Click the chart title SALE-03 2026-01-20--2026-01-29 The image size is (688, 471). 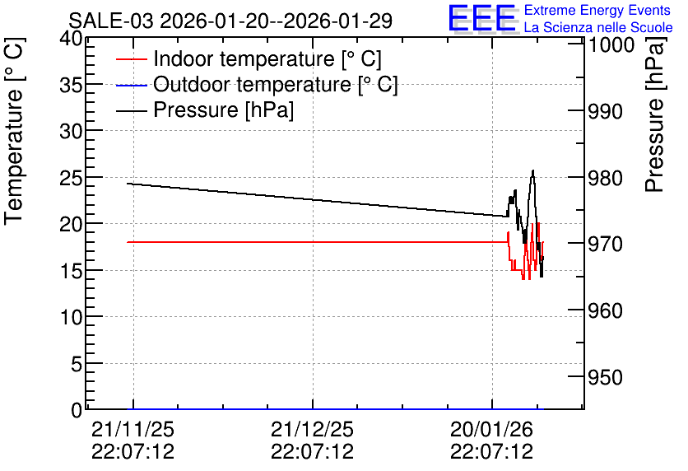230,21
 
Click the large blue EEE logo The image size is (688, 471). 482,18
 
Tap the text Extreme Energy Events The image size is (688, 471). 597,10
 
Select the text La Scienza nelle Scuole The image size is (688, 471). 598,27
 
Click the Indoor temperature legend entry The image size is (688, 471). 249,58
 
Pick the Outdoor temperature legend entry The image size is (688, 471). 257,84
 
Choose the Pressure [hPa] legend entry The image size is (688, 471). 205,110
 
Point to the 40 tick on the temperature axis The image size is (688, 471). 71,39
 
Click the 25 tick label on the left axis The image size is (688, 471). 71,177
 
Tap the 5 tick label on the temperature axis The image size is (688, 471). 77,363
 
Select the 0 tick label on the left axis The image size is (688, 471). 77,410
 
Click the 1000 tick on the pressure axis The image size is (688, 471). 611,44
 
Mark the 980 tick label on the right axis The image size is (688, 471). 605,178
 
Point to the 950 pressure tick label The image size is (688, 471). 605,377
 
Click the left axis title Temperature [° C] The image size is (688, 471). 15,131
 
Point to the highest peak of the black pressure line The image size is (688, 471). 533,170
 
